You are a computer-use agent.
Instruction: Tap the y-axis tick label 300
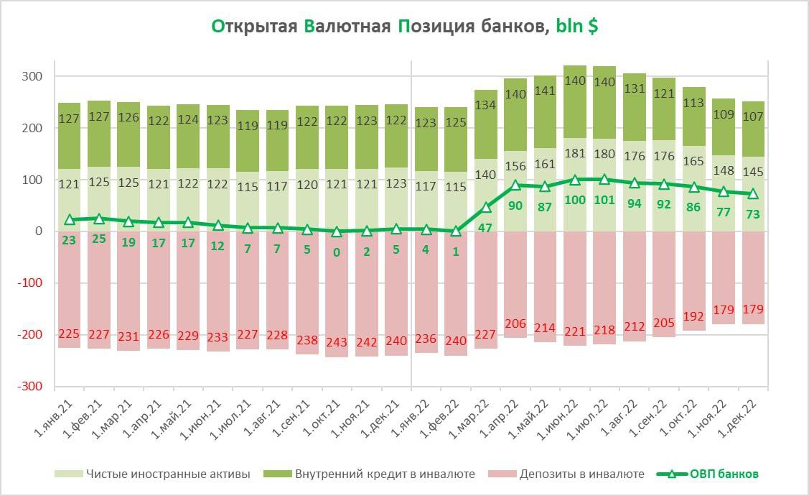pos(33,76)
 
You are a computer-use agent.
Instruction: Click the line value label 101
pos(604,200)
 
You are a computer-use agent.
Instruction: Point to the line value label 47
pos(486,228)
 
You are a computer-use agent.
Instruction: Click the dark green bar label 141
pos(545,91)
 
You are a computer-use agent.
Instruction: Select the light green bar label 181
pos(575,152)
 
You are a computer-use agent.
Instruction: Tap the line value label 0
pos(337,252)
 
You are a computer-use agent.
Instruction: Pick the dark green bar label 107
pos(753,118)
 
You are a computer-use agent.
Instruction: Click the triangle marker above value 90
pos(515,185)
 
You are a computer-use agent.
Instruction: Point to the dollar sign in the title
pos(593,27)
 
